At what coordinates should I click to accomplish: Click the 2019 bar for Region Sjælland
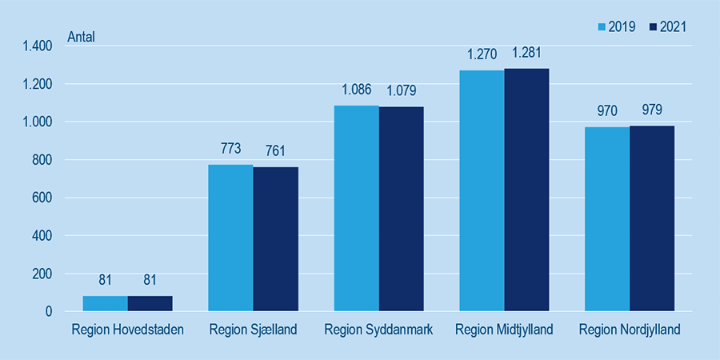[230, 238]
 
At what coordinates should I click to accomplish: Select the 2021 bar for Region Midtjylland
[526, 190]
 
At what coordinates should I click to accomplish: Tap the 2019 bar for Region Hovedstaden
[105, 303]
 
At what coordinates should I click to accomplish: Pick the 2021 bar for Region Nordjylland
[652, 218]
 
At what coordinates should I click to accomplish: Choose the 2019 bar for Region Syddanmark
[356, 208]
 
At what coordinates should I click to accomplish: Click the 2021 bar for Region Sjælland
[275, 238]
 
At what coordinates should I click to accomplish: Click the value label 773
[230, 150]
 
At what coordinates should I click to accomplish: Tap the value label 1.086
[356, 90]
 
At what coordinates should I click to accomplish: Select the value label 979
[652, 110]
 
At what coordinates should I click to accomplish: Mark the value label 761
[275, 151]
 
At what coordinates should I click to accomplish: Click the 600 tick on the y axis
[42, 198]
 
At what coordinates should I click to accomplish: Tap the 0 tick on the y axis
[49, 311]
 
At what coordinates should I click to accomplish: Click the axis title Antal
[81, 37]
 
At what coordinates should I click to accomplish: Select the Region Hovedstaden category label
[127, 330]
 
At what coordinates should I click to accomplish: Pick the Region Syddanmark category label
[378, 330]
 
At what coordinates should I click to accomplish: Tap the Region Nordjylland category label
[630, 330]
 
